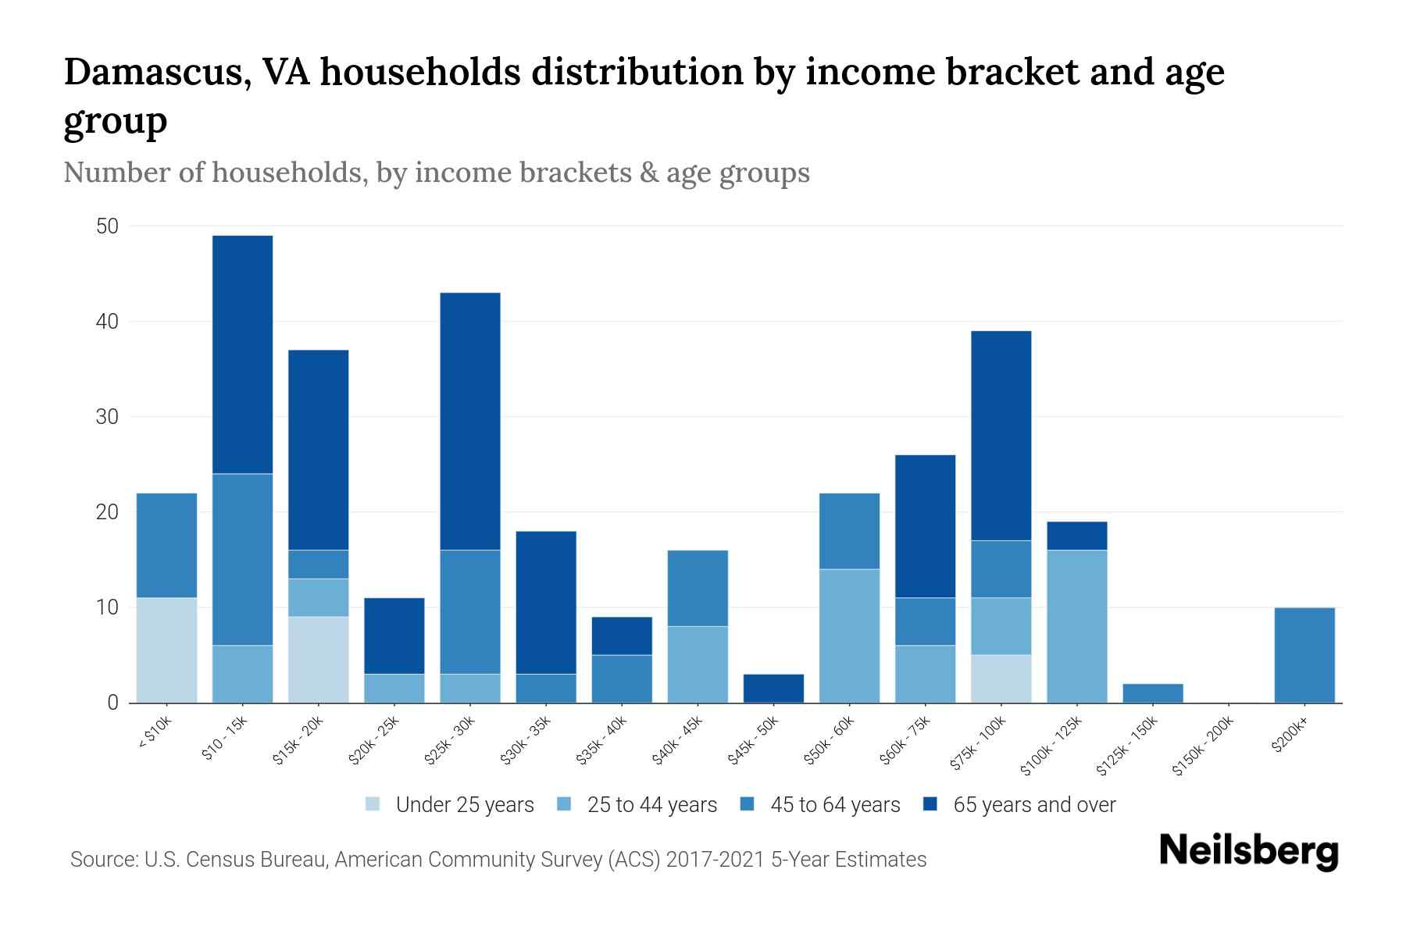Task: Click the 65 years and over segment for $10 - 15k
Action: point(242,354)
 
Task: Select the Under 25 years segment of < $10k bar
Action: point(166,650)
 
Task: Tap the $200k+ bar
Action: point(1304,655)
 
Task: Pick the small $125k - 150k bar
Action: point(1152,693)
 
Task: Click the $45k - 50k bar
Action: point(773,689)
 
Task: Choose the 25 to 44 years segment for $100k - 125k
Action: point(1076,626)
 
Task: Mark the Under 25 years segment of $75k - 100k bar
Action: point(1001,679)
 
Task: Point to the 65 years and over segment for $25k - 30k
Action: point(469,422)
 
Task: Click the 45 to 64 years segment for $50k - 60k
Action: point(849,531)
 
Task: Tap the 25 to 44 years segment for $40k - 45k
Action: point(698,664)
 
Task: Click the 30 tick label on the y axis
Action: point(107,418)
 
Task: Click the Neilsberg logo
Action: point(1248,851)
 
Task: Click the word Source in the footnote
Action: point(102,860)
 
